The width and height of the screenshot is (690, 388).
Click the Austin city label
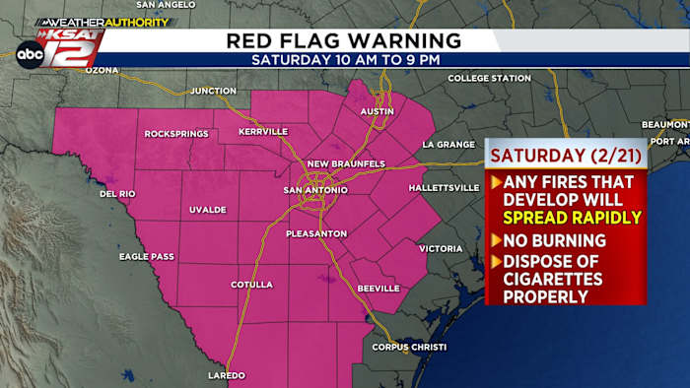click(378, 111)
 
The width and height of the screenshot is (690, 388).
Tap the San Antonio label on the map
click(314, 190)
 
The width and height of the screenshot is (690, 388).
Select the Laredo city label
click(226, 375)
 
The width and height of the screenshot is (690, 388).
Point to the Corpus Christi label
click(409, 347)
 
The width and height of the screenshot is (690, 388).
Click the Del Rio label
click(116, 194)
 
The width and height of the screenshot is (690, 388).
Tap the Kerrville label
click(264, 131)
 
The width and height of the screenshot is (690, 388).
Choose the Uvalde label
click(208, 210)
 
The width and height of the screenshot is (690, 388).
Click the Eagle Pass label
click(147, 256)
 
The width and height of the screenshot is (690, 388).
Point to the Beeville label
click(379, 288)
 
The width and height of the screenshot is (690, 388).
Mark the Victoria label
click(441, 248)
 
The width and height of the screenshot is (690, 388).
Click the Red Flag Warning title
click(344, 40)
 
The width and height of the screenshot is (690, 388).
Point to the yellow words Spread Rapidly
click(572, 218)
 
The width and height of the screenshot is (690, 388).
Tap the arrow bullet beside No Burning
click(496, 239)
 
